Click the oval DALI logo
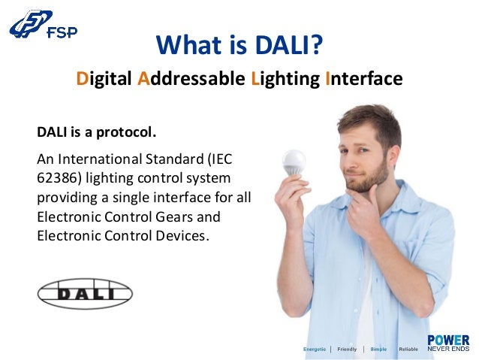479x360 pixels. click(x=85, y=294)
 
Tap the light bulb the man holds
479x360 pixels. click(x=293, y=160)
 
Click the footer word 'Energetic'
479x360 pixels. click(x=314, y=349)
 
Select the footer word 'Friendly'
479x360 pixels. click(x=347, y=349)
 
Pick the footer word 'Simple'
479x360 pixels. click(x=378, y=349)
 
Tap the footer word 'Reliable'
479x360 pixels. click(x=408, y=349)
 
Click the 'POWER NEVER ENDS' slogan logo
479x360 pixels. click(x=448, y=343)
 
